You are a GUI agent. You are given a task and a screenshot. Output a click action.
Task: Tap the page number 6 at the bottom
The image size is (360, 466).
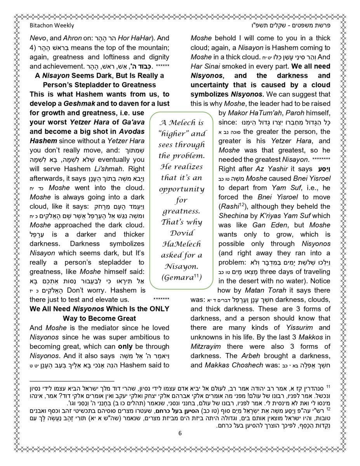pyautogui.click(x=180, y=434)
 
